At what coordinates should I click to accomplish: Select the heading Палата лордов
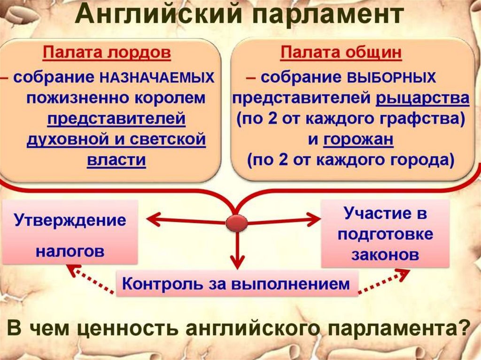[107, 53]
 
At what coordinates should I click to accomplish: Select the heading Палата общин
[341, 53]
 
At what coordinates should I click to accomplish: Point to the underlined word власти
[116, 160]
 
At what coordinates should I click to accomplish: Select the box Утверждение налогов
[70, 232]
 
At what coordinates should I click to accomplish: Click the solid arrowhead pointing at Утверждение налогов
[151, 219]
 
